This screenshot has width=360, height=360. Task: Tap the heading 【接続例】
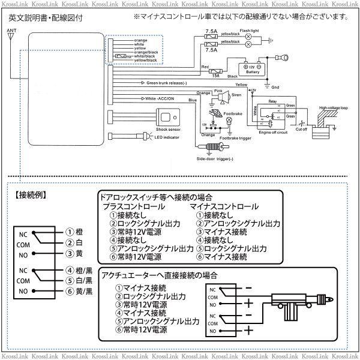point(31,196)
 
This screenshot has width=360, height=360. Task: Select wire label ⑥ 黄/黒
point(79,292)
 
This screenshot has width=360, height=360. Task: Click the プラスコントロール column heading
point(130,206)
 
